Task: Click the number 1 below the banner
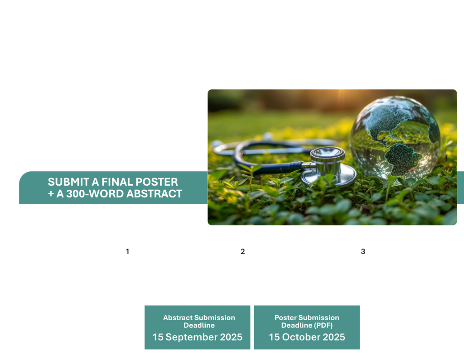point(127,251)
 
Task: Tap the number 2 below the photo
point(243,251)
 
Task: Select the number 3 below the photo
point(363,251)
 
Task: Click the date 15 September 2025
point(198,337)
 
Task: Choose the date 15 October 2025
point(307,337)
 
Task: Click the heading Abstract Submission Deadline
point(199,322)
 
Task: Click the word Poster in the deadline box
point(285,318)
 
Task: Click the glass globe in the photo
point(395,139)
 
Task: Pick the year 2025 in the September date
point(230,337)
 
